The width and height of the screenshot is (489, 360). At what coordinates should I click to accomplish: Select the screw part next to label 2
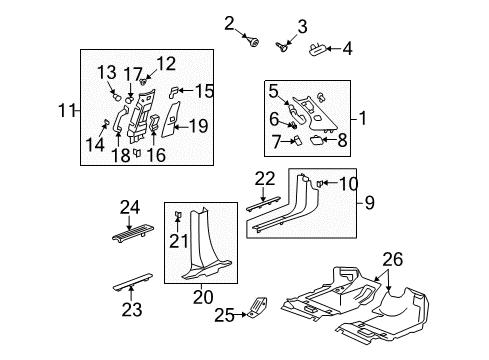253,42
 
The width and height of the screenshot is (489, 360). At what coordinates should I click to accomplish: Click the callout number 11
67,108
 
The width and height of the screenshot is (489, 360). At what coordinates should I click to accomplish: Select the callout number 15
204,91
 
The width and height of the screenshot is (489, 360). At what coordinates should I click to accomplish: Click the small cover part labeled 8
311,143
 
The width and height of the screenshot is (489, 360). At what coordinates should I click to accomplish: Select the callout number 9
369,205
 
